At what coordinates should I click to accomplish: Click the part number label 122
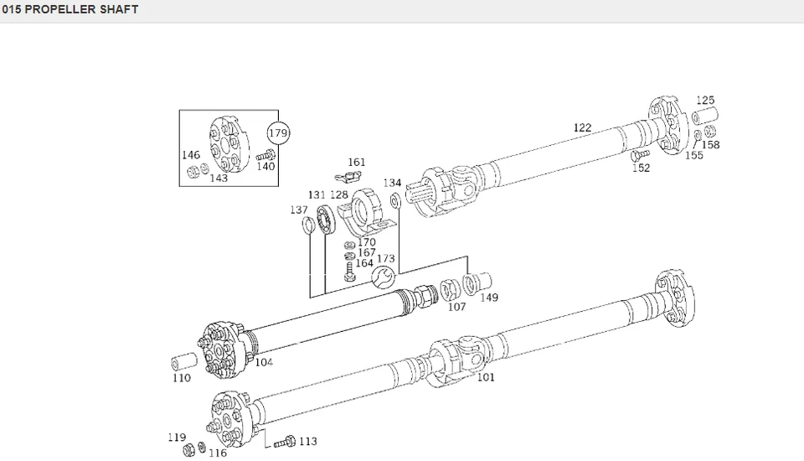point(582,128)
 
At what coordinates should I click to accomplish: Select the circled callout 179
point(277,133)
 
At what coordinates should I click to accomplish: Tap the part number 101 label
point(486,377)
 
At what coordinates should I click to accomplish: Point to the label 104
point(264,362)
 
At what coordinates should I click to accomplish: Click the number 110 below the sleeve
point(182,378)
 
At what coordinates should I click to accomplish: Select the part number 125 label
point(705,101)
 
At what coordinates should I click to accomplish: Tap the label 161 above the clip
point(357,163)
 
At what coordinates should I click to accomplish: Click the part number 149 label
point(489,298)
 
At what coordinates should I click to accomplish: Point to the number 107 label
point(456,307)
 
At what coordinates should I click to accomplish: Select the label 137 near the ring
point(299,210)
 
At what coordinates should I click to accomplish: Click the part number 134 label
point(392,183)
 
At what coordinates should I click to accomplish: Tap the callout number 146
point(192,155)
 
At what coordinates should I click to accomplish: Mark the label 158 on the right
point(710,145)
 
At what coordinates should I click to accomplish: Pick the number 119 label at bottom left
point(176,437)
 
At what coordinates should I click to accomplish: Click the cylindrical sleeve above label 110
point(184,362)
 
